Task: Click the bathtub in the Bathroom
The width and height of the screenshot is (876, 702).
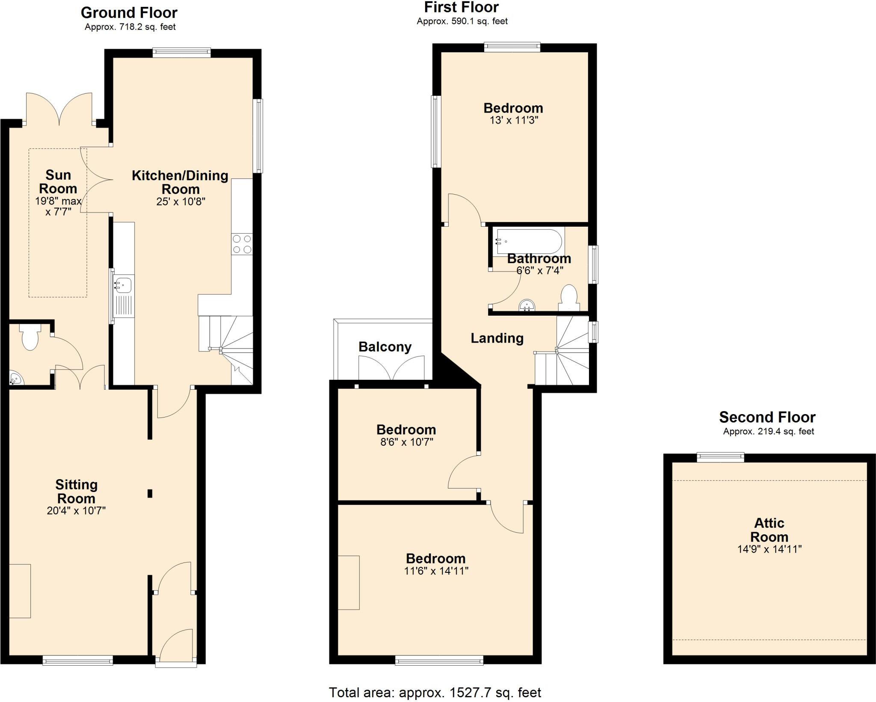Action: [527, 242]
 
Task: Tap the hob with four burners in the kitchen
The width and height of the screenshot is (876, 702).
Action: [242, 244]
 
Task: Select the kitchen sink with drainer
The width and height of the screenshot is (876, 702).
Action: [124, 295]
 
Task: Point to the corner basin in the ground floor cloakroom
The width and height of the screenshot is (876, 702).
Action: [16, 379]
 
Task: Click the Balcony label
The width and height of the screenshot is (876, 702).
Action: [385, 347]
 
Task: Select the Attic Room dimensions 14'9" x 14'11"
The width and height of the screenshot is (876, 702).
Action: [769, 549]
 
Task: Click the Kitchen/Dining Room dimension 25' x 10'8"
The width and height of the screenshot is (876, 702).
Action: [181, 201]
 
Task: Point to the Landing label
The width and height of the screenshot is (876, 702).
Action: [497, 338]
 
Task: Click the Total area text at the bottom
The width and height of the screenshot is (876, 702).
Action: [435, 692]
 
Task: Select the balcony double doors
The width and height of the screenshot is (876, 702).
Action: [391, 368]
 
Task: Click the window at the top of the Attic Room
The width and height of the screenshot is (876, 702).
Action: [720, 457]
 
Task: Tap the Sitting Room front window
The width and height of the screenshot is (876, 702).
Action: [78, 661]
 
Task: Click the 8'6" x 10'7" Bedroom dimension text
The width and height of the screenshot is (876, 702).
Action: [406, 442]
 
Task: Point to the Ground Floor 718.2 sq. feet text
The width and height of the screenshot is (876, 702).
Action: [130, 27]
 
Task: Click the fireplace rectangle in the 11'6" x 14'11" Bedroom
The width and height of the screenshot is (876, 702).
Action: [349, 582]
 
